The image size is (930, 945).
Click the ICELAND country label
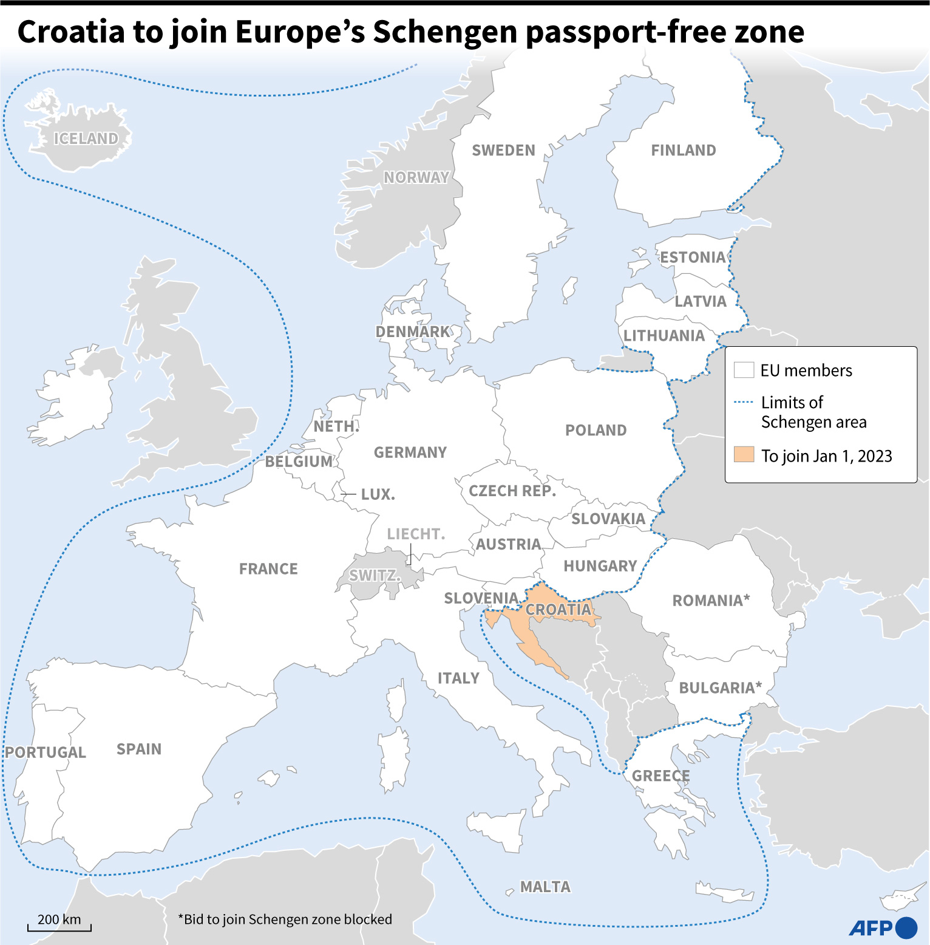(x=86, y=139)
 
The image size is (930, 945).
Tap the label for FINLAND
(x=683, y=151)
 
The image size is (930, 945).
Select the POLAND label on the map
(x=596, y=431)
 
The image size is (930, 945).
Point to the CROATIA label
(x=558, y=610)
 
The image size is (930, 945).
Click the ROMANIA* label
(x=711, y=601)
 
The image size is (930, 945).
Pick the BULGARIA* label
(x=720, y=688)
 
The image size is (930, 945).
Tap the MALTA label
(x=545, y=887)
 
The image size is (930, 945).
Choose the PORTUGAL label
(x=46, y=752)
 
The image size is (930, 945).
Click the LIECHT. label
(x=416, y=534)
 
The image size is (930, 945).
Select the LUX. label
(x=378, y=495)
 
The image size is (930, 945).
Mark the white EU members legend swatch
(x=744, y=370)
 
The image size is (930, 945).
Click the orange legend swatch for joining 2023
(x=744, y=455)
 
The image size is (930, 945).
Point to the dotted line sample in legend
(x=744, y=402)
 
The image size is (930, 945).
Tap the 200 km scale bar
(x=59, y=927)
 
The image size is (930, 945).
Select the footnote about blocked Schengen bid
(x=285, y=919)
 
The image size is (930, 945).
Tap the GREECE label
(x=660, y=776)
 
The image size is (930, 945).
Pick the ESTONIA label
(x=693, y=258)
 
